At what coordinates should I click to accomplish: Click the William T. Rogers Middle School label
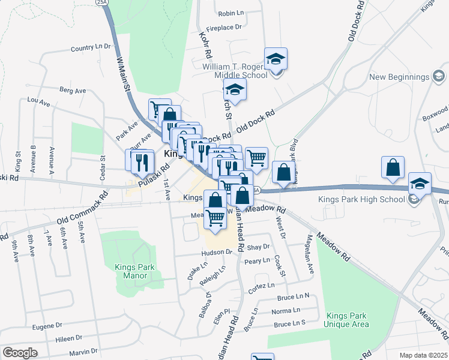(235, 71)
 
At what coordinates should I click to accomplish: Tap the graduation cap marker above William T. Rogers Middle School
(276, 59)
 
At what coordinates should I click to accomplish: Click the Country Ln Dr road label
(91, 47)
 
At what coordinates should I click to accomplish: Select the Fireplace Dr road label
(223, 28)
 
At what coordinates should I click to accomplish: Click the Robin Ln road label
(230, 13)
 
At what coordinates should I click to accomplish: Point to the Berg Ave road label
(73, 91)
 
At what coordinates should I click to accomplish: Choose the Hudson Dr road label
(217, 253)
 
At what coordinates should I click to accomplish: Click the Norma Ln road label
(286, 310)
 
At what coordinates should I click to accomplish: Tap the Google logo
(20, 352)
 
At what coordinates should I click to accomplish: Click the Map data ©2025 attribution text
(423, 355)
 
